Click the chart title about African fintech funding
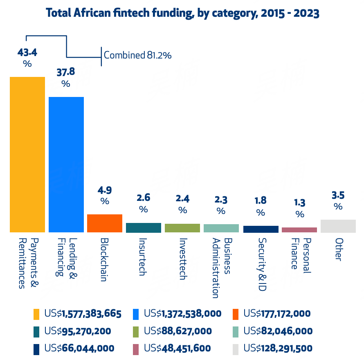click(182, 13)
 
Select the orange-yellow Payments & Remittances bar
click(27, 155)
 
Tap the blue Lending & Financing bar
click(66, 164)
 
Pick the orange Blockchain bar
click(105, 223)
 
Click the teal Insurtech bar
click(143, 228)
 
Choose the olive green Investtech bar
click(182, 228)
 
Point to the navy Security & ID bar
click(261, 229)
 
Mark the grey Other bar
click(338, 226)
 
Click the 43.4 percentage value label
click(27, 52)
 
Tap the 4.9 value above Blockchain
click(105, 190)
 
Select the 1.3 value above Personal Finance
click(300, 202)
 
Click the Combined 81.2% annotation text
click(137, 55)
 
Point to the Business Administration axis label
click(221, 267)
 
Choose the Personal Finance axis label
click(300, 253)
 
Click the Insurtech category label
click(143, 256)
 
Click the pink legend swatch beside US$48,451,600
click(137, 349)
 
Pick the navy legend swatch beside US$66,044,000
click(37, 349)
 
